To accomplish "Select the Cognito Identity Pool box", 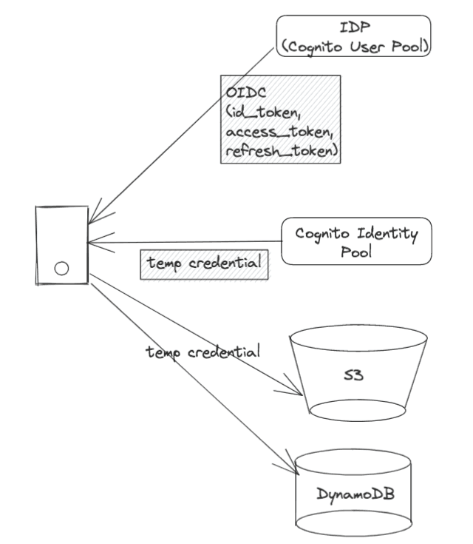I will [x=355, y=242].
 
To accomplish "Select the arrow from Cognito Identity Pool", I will [x=185, y=241].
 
